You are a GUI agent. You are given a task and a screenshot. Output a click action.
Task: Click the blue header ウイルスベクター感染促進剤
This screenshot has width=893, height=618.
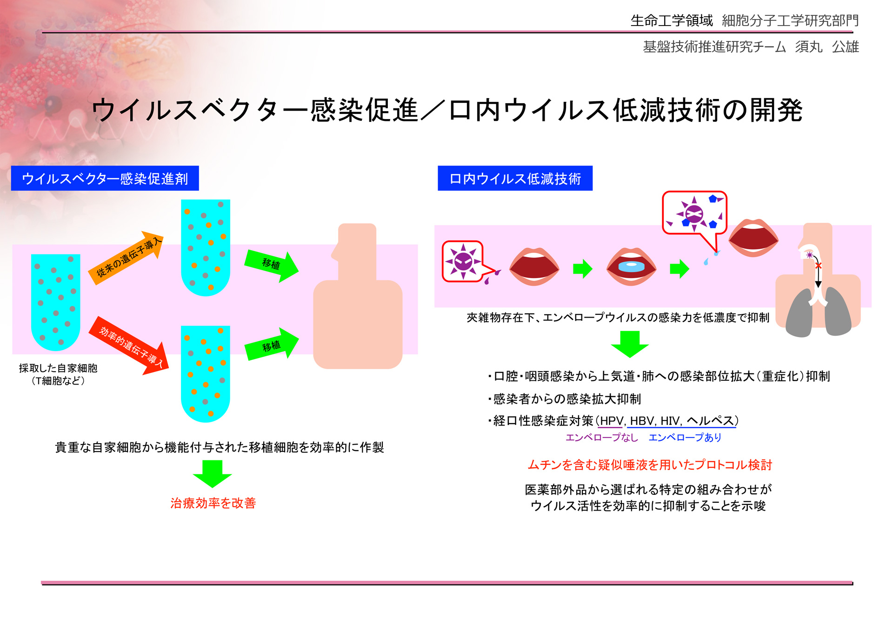coord(105,178)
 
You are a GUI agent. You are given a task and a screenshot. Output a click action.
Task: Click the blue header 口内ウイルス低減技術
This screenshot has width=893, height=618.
coord(515,178)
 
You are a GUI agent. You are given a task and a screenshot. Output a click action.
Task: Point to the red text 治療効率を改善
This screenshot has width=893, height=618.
coord(213,503)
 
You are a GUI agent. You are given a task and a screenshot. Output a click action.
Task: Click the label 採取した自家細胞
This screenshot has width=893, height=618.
coord(58,368)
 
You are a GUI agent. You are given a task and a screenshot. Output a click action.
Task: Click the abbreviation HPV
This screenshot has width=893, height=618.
coord(612,421)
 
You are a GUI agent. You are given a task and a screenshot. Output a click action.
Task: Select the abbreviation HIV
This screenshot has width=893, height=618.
coord(670,421)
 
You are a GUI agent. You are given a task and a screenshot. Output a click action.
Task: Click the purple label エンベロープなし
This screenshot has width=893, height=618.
coord(601,438)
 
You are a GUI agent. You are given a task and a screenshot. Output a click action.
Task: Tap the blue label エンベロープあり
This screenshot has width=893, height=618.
coord(685,438)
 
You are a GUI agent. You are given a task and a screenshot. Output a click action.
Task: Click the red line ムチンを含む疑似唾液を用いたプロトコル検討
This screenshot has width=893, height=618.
coord(650,465)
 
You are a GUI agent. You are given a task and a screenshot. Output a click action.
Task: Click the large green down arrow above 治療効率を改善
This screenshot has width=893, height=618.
coord(213,474)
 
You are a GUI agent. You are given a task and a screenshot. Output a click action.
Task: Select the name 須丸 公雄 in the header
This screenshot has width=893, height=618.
coord(827,47)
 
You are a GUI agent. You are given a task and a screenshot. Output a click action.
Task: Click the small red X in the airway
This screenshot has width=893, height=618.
coord(819,266)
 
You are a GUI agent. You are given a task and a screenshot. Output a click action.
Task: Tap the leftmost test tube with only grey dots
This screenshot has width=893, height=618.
coord(55,302)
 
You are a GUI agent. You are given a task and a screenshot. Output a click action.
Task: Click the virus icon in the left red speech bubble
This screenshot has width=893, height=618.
coord(463,261)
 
